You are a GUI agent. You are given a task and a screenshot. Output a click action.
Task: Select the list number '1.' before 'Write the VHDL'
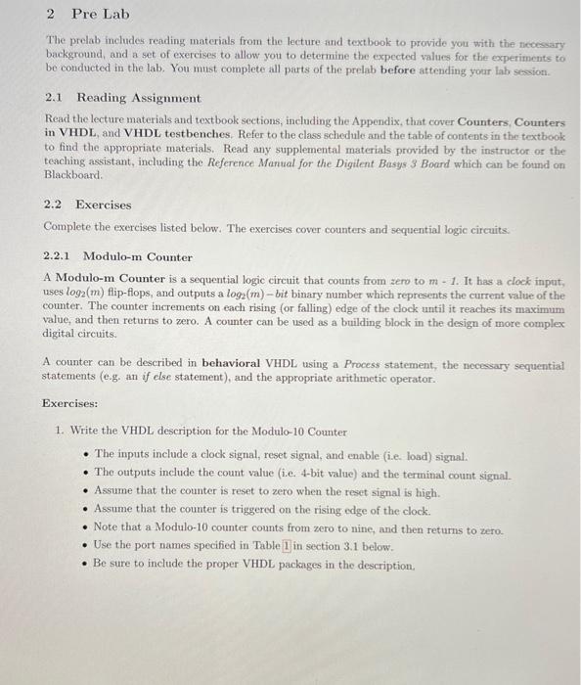coord(60,431)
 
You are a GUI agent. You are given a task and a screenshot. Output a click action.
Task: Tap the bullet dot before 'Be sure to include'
coord(86,566)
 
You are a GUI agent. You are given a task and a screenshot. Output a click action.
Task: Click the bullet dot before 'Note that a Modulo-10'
coord(86,529)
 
